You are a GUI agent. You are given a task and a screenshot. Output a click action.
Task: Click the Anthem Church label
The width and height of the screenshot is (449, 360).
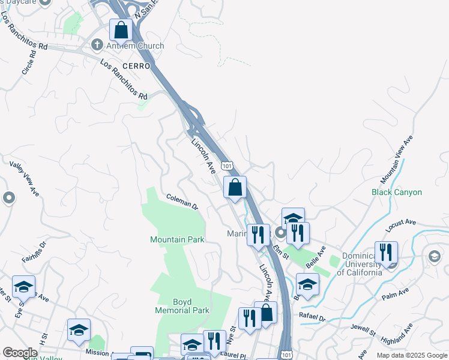(x=135, y=46)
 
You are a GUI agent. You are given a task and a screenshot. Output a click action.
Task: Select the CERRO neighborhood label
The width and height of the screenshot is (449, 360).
(x=135, y=66)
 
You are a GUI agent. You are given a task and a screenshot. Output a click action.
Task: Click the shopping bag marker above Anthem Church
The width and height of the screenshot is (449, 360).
(x=121, y=29)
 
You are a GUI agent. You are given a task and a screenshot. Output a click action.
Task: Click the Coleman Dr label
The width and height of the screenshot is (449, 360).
(x=182, y=201)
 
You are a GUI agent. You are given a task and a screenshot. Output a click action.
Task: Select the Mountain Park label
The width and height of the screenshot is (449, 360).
(x=177, y=239)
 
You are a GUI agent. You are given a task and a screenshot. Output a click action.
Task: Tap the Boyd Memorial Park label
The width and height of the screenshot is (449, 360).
(x=182, y=306)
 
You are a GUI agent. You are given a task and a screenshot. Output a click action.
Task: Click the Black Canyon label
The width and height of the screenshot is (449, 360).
(x=397, y=193)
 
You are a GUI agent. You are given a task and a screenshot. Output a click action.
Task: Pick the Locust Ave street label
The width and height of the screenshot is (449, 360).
(x=402, y=226)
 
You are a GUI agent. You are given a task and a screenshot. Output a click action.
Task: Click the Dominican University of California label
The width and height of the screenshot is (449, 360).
(x=360, y=264)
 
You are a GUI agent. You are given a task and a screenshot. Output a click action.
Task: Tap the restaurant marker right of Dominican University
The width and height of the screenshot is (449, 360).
(x=386, y=252)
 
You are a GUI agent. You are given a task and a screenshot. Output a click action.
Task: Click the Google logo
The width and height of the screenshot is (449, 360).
(x=20, y=353)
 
